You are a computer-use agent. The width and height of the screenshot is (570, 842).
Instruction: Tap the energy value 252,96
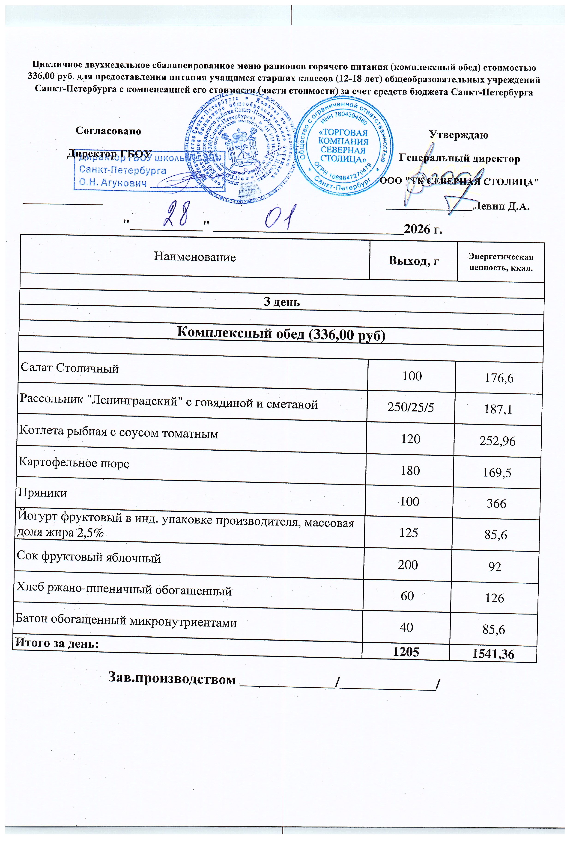(x=498, y=441)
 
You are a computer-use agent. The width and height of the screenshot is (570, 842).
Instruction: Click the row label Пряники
(x=43, y=493)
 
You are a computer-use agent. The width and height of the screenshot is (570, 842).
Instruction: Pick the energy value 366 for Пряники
(x=496, y=504)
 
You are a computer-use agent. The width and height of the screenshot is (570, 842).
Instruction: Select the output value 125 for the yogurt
(x=409, y=533)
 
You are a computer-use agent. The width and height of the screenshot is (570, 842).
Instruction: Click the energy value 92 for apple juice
(x=495, y=567)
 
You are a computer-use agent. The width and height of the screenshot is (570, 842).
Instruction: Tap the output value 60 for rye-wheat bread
(x=407, y=596)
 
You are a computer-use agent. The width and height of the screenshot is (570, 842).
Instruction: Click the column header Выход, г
(x=413, y=260)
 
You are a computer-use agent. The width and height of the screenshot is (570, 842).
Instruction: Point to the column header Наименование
(x=195, y=257)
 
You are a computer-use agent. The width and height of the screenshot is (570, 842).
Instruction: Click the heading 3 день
(x=282, y=302)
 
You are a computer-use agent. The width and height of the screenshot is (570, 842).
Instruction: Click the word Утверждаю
(x=459, y=135)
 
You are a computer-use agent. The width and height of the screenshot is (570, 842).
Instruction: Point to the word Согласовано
(x=108, y=131)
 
